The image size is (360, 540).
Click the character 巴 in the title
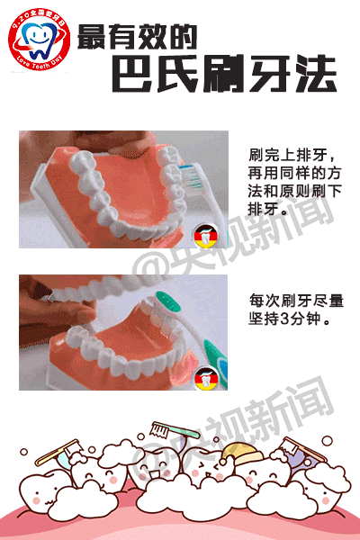click(x=137, y=73)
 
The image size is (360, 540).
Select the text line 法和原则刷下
click(x=291, y=192)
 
